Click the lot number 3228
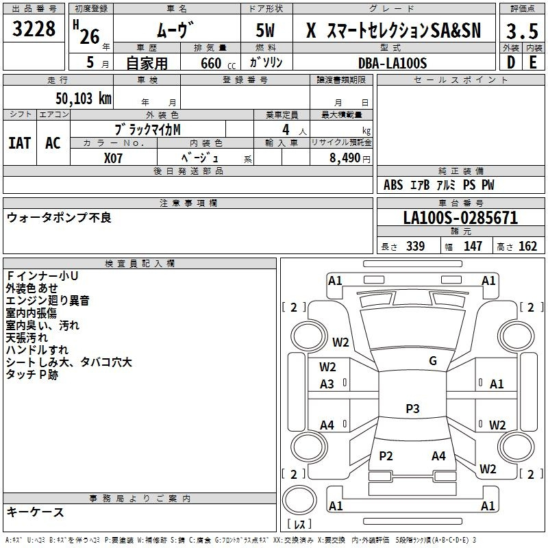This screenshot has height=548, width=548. click(x=34, y=29)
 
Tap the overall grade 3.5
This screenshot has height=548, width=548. click(x=522, y=31)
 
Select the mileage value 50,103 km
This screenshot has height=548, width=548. click(x=84, y=99)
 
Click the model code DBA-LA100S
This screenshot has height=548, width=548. click(x=393, y=63)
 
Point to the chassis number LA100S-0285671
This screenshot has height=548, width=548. click(x=460, y=218)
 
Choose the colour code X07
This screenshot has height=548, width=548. click(x=113, y=158)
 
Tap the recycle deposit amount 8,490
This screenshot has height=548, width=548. click(x=345, y=158)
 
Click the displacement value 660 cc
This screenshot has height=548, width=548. click(x=218, y=64)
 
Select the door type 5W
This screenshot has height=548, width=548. click(x=265, y=30)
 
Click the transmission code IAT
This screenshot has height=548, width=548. click(x=20, y=143)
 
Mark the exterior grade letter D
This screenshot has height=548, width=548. click(x=511, y=62)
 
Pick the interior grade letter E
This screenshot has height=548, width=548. click(x=533, y=62)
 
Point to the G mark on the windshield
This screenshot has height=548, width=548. click(x=433, y=361)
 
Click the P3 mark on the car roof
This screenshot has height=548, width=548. click(x=412, y=408)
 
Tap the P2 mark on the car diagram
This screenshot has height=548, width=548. click(x=386, y=456)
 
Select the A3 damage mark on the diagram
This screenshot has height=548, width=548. click(x=327, y=384)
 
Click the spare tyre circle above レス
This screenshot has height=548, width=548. click(x=299, y=500)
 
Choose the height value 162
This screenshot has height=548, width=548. click(x=527, y=246)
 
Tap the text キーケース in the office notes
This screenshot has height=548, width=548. click(x=35, y=512)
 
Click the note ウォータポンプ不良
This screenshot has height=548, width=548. click(x=59, y=218)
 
